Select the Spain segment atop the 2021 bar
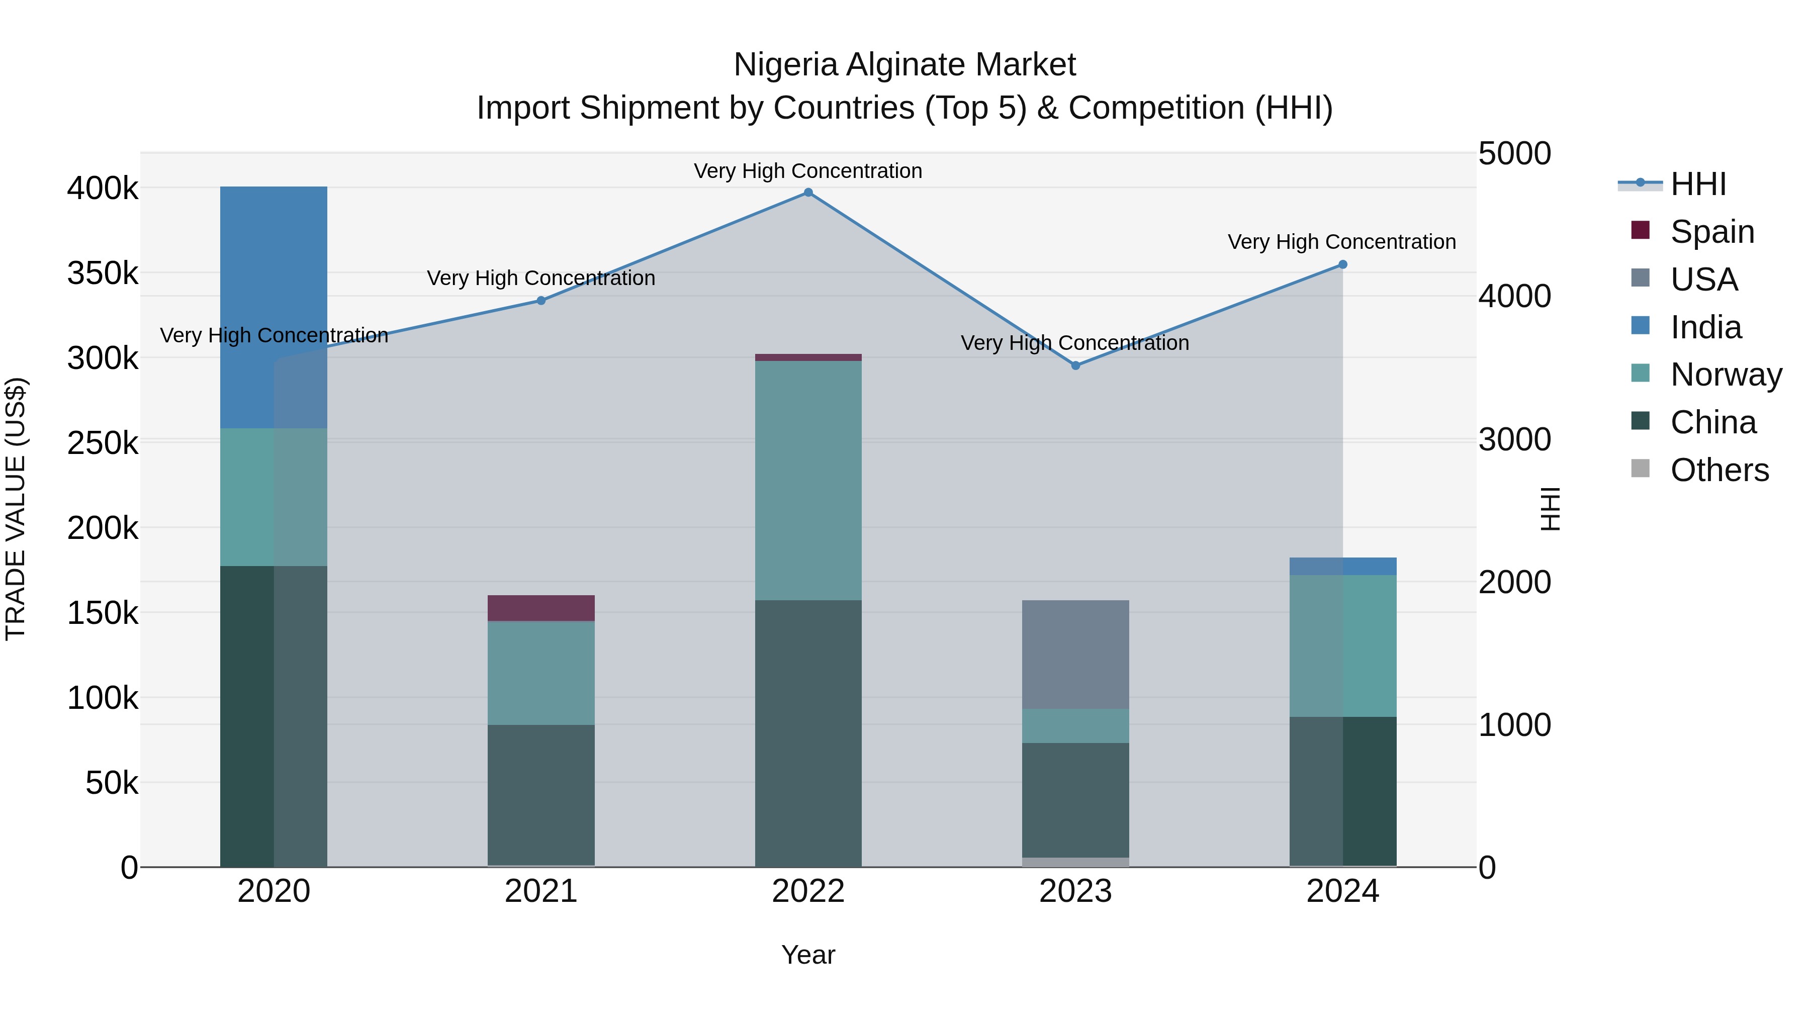click(541, 608)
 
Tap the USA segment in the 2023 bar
click(1075, 654)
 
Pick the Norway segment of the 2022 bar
click(808, 481)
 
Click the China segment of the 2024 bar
click(1343, 791)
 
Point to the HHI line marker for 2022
click(808, 193)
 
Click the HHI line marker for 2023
click(1075, 365)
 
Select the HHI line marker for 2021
click(541, 301)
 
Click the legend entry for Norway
click(1726, 375)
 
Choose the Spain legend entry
click(1711, 232)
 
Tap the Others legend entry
click(1718, 470)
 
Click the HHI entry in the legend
click(1697, 184)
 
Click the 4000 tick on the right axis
click(1514, 297)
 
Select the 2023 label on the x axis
click(1075, 891)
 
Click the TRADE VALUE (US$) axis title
click(16, 509)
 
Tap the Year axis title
click(808, 955)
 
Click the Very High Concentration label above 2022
click(808, 171)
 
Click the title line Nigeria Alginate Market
click(904, 65)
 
